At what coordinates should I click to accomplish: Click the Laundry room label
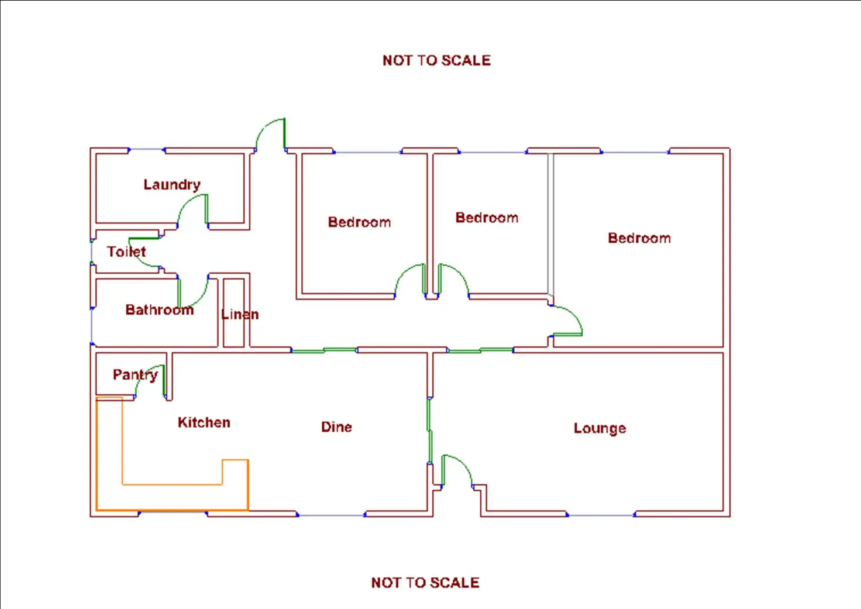click(x=172, y=185)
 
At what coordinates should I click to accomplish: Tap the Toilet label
click(x=126, y=252)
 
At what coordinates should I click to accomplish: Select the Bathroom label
click(x=159, y=309)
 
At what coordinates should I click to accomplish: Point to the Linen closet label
click(x=240, y=314)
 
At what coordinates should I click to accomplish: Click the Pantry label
click(x=135, y=374)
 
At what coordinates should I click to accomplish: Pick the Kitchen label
click(x=204, y=422)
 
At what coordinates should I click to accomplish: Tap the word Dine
click(x=336, y=427)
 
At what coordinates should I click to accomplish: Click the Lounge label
click(x=600, y=428)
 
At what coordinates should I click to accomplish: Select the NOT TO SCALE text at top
click(x=436, y=60)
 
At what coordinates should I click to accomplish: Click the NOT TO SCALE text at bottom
click(x=425, y=583)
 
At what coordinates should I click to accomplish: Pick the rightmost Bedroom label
click(x=639, y=238)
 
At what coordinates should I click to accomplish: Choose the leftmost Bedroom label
click(x=359, y=222)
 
